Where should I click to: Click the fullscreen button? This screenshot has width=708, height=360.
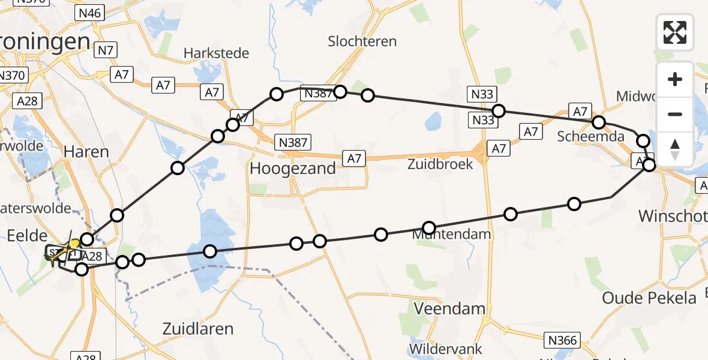675,32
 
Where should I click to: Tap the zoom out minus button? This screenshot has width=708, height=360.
675,114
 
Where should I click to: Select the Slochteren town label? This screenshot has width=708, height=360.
362,41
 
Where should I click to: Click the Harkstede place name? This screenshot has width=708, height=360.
216,53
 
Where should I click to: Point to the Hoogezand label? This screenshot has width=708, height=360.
292,169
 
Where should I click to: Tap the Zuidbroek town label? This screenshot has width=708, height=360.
440,164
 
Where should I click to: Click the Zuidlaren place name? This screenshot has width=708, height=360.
197,329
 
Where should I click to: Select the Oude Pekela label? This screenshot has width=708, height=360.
649,298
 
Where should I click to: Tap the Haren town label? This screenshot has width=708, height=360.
86,152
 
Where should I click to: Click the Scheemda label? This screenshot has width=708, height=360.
590,136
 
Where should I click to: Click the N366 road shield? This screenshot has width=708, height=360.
562,341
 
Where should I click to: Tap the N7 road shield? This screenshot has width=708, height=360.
106,50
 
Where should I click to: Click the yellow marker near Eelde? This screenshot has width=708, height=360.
74,244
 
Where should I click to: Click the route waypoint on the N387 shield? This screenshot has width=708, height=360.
340,92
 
